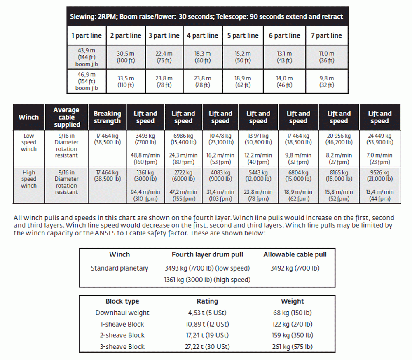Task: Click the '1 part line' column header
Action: [87, 35]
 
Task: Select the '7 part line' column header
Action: [326, 35]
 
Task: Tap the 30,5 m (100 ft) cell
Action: [125, 57]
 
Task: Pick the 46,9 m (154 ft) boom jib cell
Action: [87, 81]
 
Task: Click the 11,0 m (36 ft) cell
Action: [326, 57]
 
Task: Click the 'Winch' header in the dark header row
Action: [28, 117]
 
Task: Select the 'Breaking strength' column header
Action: [107, 117]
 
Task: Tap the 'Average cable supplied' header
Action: [66, 117]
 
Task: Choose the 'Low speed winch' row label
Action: [29, 142]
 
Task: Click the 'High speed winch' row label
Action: [29, 179]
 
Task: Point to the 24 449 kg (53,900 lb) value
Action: [379, 139]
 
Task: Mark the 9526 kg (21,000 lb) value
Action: [379, 176]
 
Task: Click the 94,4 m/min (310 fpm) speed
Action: [145, 195]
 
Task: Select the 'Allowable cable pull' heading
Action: [295, 254]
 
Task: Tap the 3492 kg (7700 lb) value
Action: [295, 268]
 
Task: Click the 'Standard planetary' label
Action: [119, 268]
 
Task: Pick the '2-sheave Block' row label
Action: [122, 335]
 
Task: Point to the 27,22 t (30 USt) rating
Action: [207, 347]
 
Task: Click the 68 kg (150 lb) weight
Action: [292, 313]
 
